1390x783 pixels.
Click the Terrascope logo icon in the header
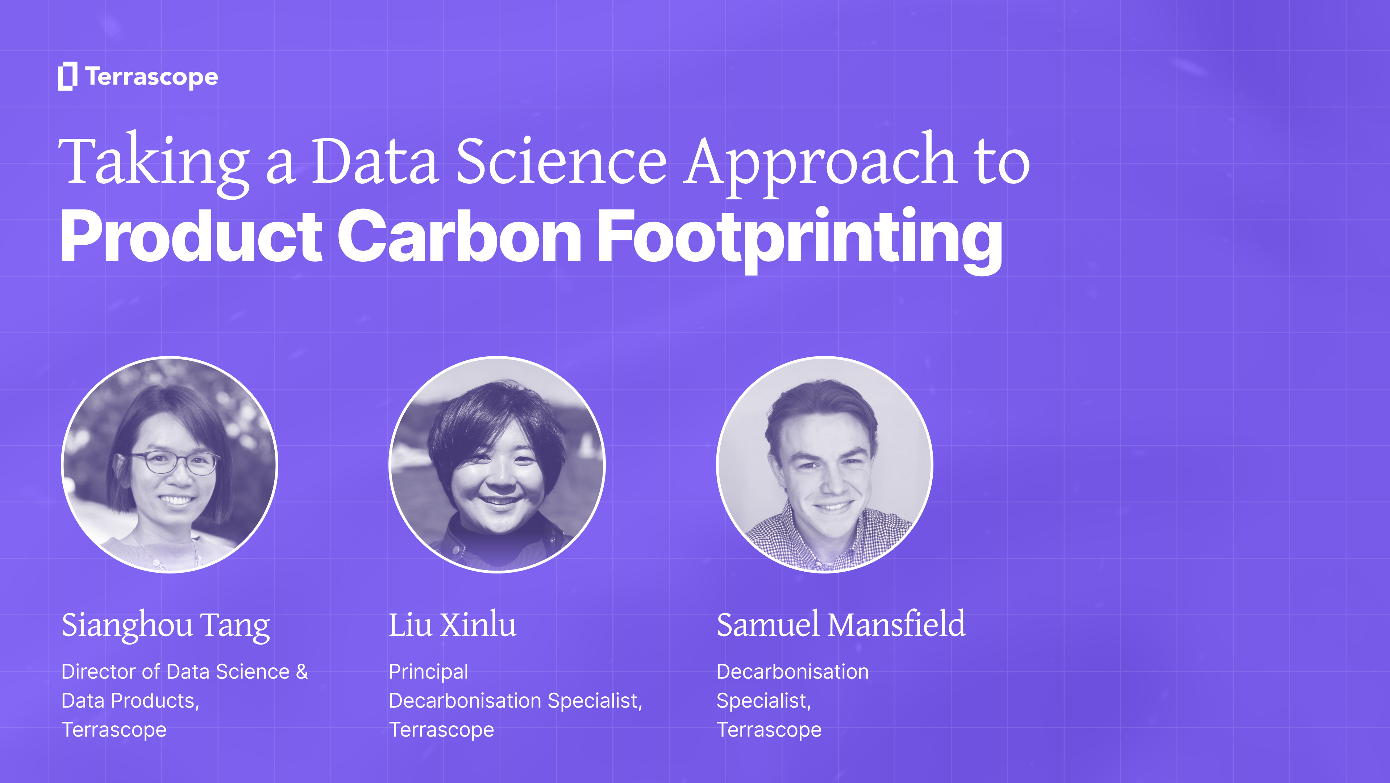(67, 76)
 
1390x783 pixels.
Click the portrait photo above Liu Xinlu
(497, 464)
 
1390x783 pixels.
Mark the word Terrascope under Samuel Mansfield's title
(769, 730)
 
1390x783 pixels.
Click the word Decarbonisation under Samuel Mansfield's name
(793, 672)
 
